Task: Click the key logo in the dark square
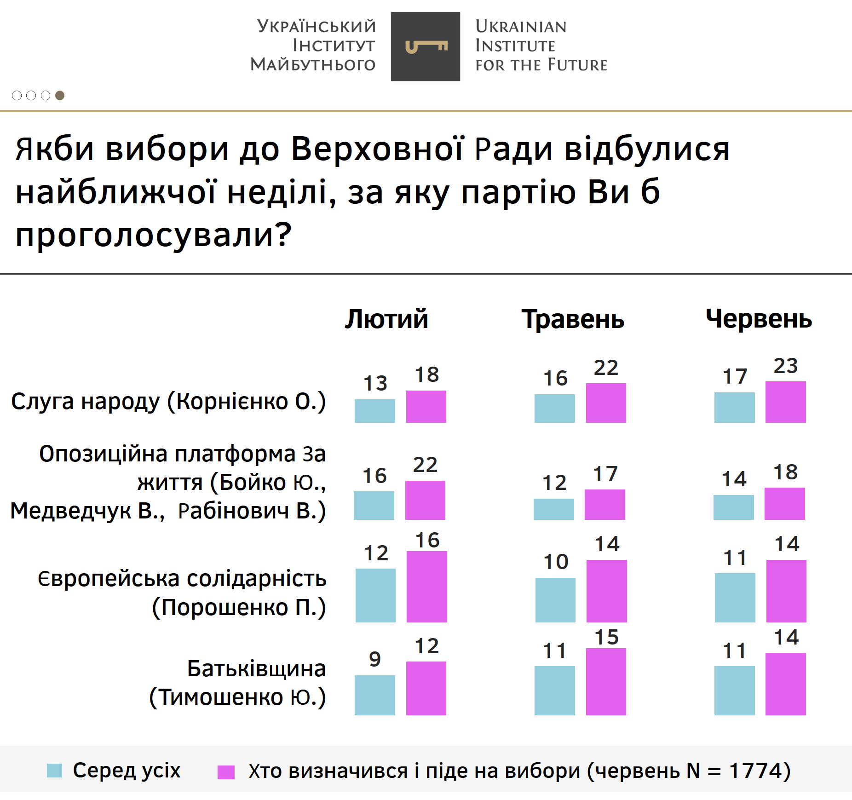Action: pyautogui.click(x=426, y=46)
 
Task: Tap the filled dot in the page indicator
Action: pyautogui.click(x=60, y=95)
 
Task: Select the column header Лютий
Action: pyautogui.click(x=386, y=319)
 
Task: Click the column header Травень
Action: pyautogui.click(x=573, y=319)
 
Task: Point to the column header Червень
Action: pyautogui.click(x=759, y=319)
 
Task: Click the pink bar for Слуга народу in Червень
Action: pyautogui.click(x=785, y=402)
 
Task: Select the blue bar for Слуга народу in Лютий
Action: pyautogui.click(x=374, y=411)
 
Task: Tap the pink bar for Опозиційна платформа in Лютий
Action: pyautogui.click(x=425, y=500)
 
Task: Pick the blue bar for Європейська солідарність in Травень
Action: pyautogui.click(x=555, y=600)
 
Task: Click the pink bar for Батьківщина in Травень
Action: pyautogui.click(x=606, y=681)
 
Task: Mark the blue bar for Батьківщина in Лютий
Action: pyautogui.click(x=374, y=695)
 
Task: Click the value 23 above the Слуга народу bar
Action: pyautogui.click(x=785, y=366)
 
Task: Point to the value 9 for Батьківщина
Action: pyautogui.click(x=375, y=659)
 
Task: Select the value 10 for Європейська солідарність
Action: pyautogui.click(x=556, y=562)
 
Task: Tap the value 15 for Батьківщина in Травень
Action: pyautogui.click(x=606, y=638)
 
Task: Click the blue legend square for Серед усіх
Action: pyautogui.click(x=54, y=771)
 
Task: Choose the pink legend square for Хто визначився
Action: pyautogui.click(x=226, y=772)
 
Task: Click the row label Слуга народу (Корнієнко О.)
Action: pyautogui.click(x=168, y=401)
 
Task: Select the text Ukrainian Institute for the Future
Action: pyautogui.click(x=541, y=46)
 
